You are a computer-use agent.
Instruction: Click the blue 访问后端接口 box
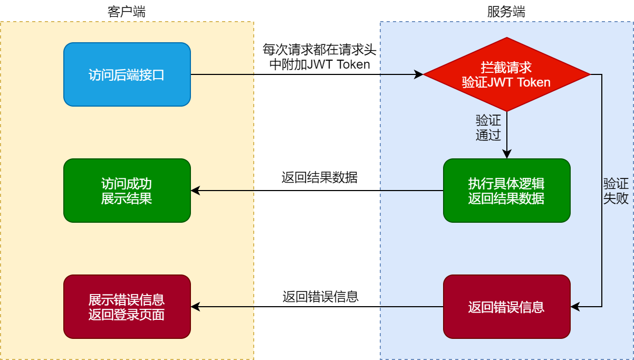[127, 74]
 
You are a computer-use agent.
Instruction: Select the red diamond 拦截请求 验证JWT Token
[506, 74]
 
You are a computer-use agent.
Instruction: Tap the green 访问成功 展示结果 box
[127, 191]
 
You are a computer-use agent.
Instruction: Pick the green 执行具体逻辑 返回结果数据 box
[506, 191]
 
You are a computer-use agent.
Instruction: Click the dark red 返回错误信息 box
[506, 307]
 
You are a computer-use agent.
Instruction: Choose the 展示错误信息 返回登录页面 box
[127, 307]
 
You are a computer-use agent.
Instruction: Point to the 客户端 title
[127, 12]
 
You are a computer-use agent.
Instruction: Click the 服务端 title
[506, 12]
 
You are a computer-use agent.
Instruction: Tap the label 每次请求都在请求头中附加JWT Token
[319, 57]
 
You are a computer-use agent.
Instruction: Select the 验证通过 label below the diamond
[488, 128]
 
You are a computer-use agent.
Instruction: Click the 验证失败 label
[616, 191]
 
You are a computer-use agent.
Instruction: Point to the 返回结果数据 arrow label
[319, 177]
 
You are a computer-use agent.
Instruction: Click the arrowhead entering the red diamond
[419, 74]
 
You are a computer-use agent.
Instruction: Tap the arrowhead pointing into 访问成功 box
[195, 191]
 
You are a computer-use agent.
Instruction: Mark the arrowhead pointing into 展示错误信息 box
[195, 307]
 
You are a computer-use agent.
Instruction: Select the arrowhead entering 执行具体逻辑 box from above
[506, 155]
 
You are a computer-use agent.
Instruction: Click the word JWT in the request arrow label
[321, 64]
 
